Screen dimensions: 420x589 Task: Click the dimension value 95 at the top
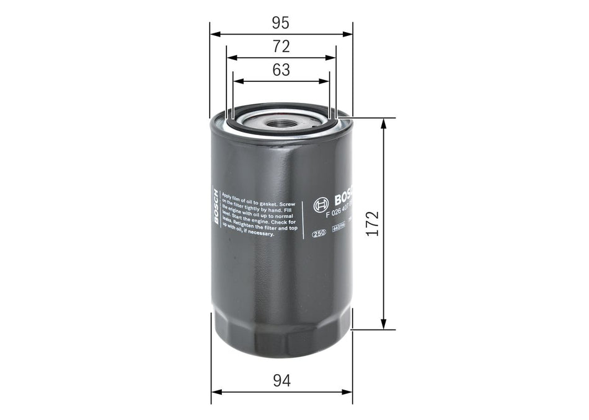[x=281, y=23]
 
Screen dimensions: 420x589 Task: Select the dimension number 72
[x=281, y=46]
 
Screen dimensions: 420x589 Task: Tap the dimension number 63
[x=281, y=70]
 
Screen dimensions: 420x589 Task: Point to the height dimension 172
[x=371, y=224]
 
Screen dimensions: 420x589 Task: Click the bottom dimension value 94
[x=281, y=382]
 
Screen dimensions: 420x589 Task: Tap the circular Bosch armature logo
[x=320, y=206]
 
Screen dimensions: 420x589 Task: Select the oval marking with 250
[x=319, y=234]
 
